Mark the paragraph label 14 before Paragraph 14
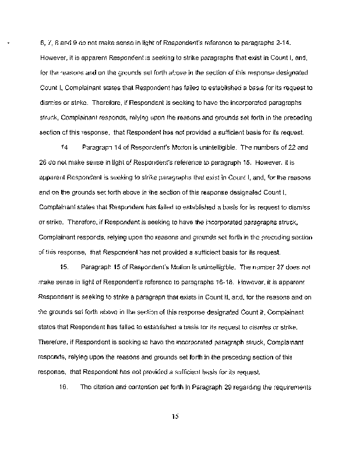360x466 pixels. point(65,148)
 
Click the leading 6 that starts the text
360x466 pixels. point(41,44)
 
